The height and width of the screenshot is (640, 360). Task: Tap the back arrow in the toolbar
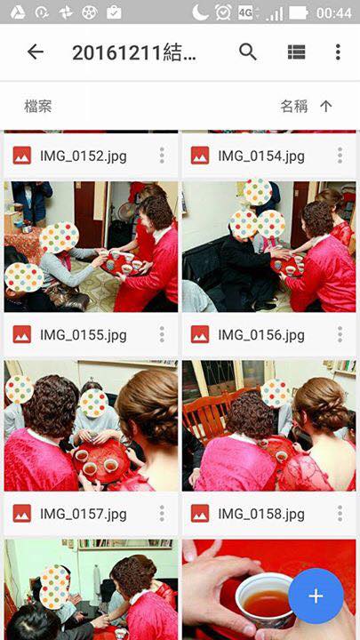(36, 52)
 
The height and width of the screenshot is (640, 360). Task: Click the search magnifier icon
(248, 52)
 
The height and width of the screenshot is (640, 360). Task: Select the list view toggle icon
(296, 52)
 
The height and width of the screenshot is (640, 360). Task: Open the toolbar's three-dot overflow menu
(338, 52)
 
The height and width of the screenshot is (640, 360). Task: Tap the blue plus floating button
(316, 596)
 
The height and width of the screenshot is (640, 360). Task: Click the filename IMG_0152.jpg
(84, 156)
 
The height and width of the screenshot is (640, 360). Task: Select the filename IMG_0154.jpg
(261, 156)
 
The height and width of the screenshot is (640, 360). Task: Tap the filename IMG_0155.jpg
(84, 335)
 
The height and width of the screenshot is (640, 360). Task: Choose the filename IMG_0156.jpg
(261, 335)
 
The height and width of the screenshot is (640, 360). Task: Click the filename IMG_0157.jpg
(84, 514)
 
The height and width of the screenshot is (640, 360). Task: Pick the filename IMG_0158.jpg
(261, 514)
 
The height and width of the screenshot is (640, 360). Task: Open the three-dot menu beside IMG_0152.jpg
(162, 156)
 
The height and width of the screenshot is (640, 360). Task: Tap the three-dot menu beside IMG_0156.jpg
(340, 334)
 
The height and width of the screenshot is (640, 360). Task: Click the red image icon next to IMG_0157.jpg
(22, 514)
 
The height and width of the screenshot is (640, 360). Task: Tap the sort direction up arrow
(325, 107)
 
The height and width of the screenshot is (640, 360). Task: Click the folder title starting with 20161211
(134, 52)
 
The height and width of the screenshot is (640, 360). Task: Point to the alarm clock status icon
(223, 12)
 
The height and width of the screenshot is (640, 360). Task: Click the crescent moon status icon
(201, 12)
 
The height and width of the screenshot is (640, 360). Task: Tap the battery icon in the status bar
(299, 13)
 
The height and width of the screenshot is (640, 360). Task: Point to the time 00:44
(334, 13)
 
